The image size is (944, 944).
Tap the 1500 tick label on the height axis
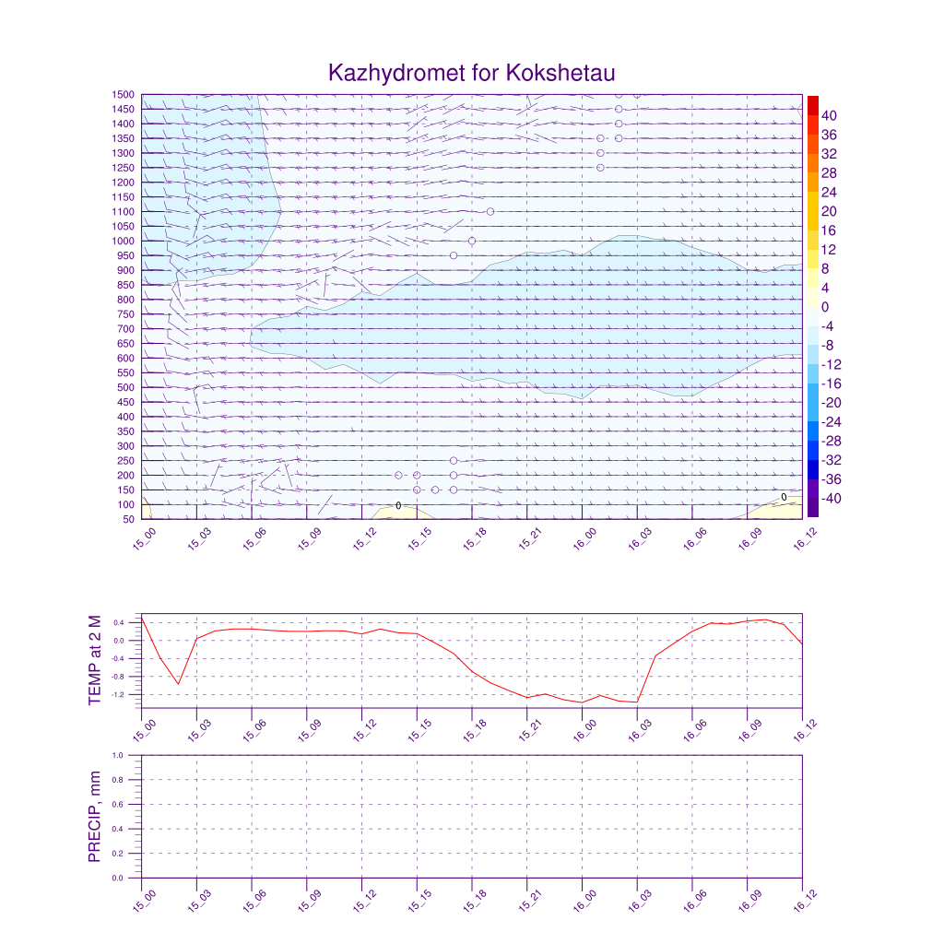pyautogui.click(x=124, y=95)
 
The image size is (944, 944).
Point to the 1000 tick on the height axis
pyautogui.click(x=124, y=242)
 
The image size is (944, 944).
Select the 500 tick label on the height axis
pyautogui.click(x=126, y=388)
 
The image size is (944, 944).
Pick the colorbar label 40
pyautogui.click(x=829, y=115)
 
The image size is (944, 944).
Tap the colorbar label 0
pyautogui.click(x=825, y=307)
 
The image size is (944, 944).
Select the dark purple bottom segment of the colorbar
pyautogui.click(x=812, y=507)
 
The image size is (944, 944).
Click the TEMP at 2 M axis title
pyautogui.click(x=95, y=660)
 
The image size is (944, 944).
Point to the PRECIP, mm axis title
pyautogui.click(x=95, y=817)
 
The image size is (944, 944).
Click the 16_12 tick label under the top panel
pyautogui.click(x=802, y=539)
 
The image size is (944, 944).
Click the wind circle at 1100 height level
pyautogui.click(x=490, y=211)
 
